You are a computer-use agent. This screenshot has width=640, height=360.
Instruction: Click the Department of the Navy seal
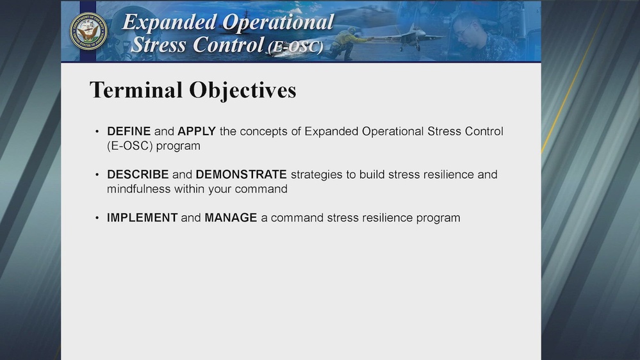click(88, 31)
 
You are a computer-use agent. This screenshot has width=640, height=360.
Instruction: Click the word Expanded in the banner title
click(169, 22)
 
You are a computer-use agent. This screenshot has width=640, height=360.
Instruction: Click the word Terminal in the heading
click(136, 90)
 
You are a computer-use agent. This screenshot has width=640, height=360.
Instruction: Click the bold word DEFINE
click(129, 131)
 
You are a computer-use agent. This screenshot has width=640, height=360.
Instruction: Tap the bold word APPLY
click(197, 131)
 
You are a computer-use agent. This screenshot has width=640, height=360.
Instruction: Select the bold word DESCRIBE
click(138, 174)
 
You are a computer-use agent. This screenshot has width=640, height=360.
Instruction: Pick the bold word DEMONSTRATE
click(241, 174)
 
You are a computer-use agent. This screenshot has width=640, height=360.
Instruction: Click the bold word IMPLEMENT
click(142, 218)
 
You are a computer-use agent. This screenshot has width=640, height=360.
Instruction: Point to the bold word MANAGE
click(231, 218)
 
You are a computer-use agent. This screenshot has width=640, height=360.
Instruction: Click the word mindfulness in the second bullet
click(138, 189)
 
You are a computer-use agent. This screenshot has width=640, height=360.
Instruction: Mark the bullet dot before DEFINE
click(97, 132)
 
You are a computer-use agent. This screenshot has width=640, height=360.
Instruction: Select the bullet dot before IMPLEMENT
click(97, 218)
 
